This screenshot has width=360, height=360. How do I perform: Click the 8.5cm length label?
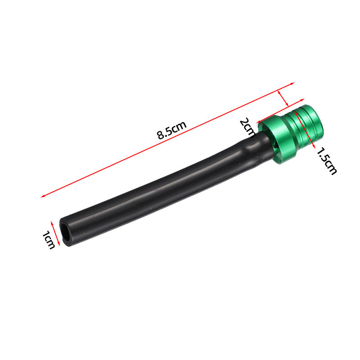tap(172, 130)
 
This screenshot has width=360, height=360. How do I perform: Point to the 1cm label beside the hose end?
tap(49, 240)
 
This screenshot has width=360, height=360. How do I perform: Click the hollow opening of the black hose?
tap(65, 232)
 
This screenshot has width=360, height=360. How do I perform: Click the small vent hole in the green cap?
tap(276, 144)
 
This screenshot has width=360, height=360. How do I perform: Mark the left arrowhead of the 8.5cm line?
tap(43, 196)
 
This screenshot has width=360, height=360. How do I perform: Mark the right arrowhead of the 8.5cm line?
tap(292, 83)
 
